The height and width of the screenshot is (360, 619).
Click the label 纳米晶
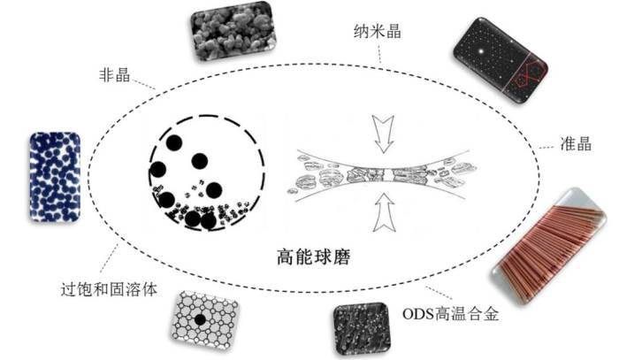[x=378, y=31]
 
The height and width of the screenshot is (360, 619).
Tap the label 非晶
[x=114, y=74]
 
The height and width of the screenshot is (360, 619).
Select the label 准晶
[x=576, y=143]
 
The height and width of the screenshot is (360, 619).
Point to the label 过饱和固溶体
[x=109, y=289]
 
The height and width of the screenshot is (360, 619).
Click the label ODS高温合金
[x=450, y=314]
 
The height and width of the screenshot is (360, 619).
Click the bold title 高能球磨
[x=313, y=257]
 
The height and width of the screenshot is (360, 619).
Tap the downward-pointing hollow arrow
[x=383, y=134]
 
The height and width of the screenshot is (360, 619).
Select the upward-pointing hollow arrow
[x=384, y=212]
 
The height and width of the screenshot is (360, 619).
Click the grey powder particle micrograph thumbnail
[x=233, y=31]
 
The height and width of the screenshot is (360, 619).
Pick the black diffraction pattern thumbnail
[x=501, y=61]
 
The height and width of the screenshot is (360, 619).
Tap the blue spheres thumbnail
[x=55, y=176]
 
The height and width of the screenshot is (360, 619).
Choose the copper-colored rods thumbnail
[x=550, y=246]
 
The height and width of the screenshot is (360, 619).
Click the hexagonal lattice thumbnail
[x=205, y=320]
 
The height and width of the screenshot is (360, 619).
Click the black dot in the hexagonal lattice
[x=201, y=319]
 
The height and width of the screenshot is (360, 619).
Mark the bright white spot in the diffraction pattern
[x=481, y=51]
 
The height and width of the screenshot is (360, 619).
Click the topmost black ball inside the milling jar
[x=173, y=143]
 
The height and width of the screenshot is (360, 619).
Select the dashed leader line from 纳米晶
[x=379, y=52]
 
